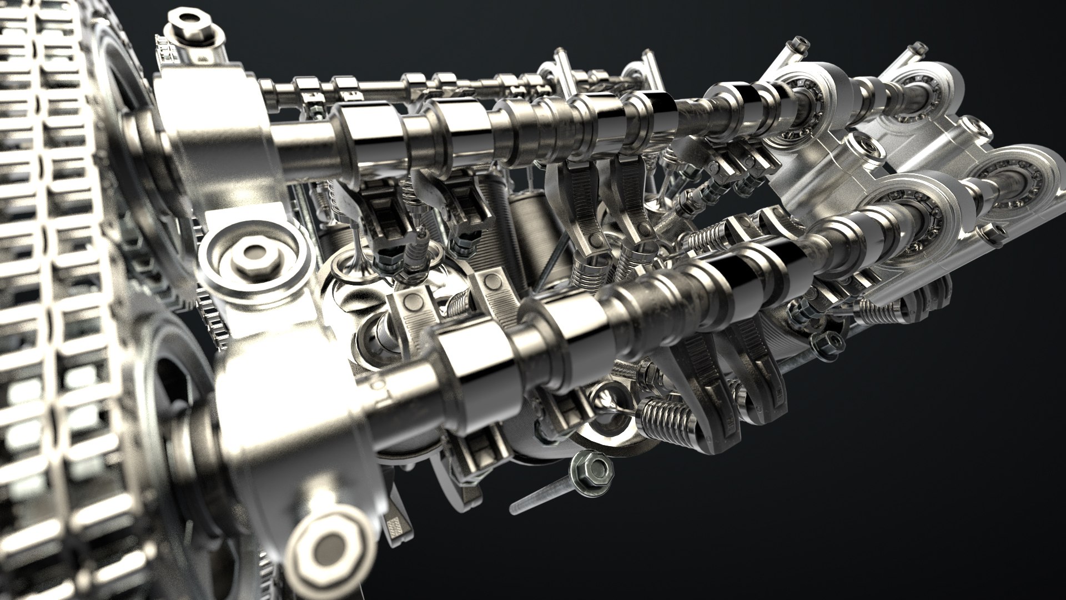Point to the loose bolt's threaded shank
pyautogui.click(x=539, y=497)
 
